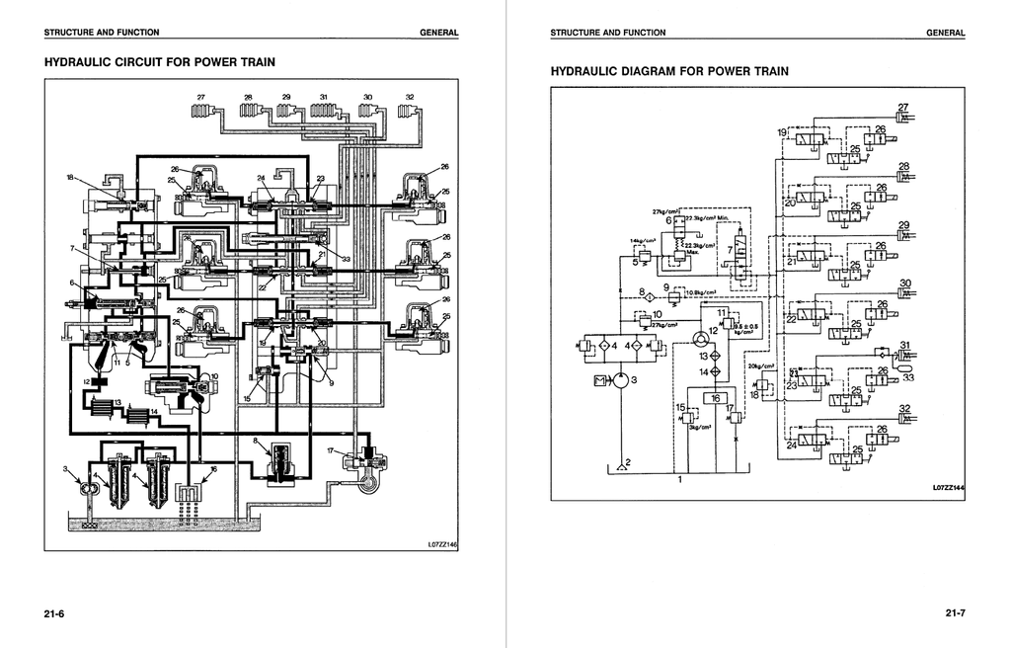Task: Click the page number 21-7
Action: [x=955, y=614]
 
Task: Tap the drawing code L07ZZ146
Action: [x=442, y=543]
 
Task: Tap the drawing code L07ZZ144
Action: [x=948, y=487]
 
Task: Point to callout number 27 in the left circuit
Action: [x=201, y=97]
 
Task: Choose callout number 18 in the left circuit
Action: [x=70, y=178]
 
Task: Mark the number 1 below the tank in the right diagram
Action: [x=679, y=481]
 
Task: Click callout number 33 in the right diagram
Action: [x=907, y=377]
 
